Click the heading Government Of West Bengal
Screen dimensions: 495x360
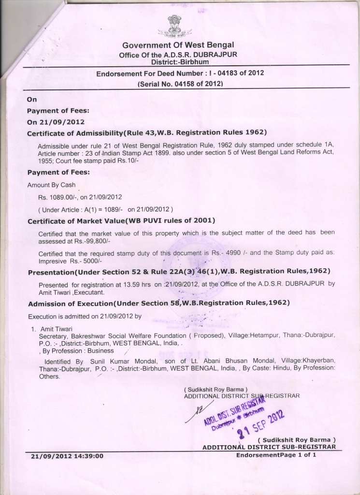pos(178,45)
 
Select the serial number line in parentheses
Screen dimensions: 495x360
pos(180,84)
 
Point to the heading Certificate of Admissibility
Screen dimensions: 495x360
pos(147,132)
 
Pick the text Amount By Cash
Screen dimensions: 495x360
pos(51,185)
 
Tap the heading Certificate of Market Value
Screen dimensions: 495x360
pos(121,221)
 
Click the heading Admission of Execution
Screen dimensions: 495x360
pos(158,303)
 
